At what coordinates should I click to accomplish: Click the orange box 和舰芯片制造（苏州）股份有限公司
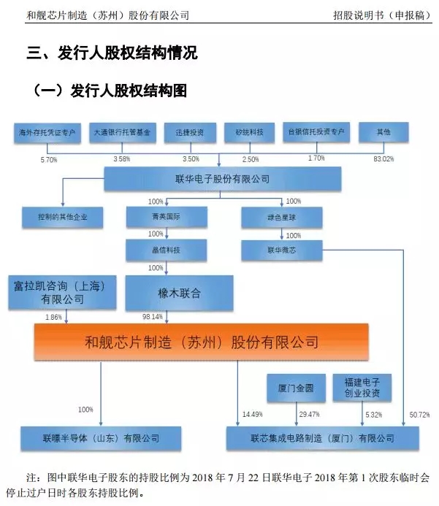tap(202, 342)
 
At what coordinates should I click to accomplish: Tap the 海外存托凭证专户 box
tap(48, 133)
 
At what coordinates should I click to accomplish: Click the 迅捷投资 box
tap(189, 133)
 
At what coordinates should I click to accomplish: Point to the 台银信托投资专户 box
tap(316, 133)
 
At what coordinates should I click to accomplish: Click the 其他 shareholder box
tap(383, 133)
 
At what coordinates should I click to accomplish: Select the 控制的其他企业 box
tap(63, 217)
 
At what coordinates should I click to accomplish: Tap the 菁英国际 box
tap(167, 217)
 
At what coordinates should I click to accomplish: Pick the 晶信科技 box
tap(167, 250)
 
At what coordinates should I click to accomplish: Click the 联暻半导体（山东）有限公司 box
tap(101, 438)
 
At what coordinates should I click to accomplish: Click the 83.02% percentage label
tap(383, 158)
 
